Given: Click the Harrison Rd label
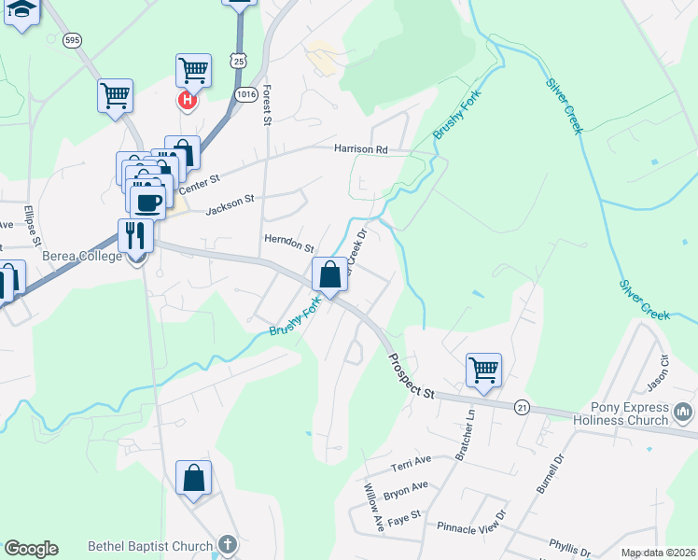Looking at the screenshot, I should coord(361,149).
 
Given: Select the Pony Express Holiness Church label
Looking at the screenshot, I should coord(631,413).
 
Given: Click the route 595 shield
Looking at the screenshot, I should coord(72,40).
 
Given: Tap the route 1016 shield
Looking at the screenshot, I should coord(246,94).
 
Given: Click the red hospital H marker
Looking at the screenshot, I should coord(187,99).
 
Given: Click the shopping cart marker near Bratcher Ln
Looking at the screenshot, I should coord(483,370).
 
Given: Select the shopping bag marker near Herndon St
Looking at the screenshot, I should coord(329,274).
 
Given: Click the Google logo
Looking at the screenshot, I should coord(31,549).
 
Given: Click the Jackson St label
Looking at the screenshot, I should coord(230,204).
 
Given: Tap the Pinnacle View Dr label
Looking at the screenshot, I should coord(471,527).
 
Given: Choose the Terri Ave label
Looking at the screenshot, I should coord(411,463).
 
